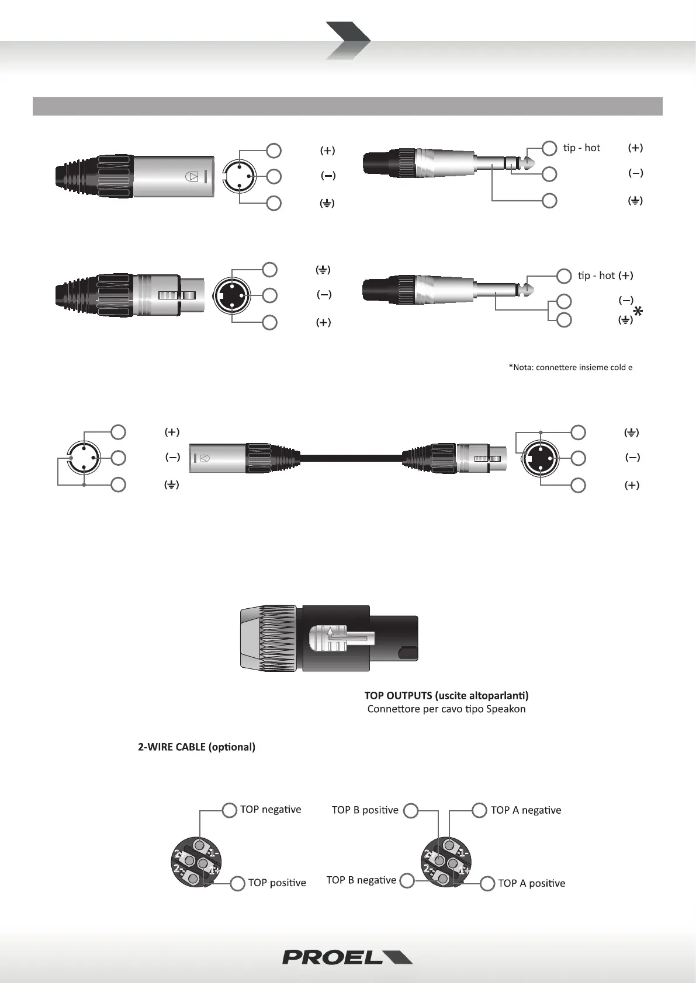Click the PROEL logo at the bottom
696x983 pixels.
347,957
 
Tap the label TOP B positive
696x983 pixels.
365,810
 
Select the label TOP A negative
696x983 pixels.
525,810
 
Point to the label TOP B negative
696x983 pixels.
361,880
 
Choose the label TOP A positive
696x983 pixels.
531,883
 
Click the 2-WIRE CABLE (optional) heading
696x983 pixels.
196,747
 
